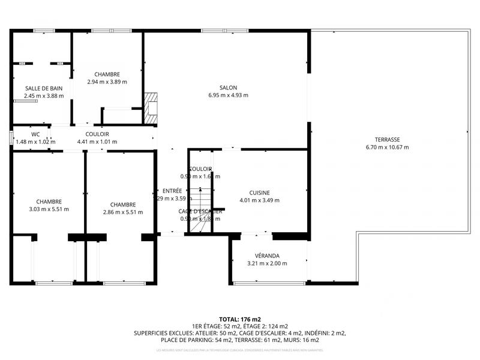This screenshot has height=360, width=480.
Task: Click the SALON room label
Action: point(228,87)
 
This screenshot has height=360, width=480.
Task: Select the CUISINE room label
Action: point(259,193)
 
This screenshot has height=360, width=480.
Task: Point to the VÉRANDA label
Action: point(267,256)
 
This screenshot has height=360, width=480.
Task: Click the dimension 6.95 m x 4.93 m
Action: point(228,95)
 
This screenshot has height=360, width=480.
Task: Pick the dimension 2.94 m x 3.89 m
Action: point(107,82)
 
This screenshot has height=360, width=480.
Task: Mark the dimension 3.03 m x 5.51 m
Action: point(49,209)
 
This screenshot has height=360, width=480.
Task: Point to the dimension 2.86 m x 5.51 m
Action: point(122,212)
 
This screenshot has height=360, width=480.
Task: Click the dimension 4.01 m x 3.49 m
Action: point(259,200)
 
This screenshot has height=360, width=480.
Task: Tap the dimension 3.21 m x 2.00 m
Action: point(267,263)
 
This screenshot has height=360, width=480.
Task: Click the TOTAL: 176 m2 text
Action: point(239,319)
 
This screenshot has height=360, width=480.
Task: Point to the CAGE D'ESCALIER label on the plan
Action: point(200,211)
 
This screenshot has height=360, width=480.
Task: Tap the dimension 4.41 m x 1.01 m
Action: point(97,142)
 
